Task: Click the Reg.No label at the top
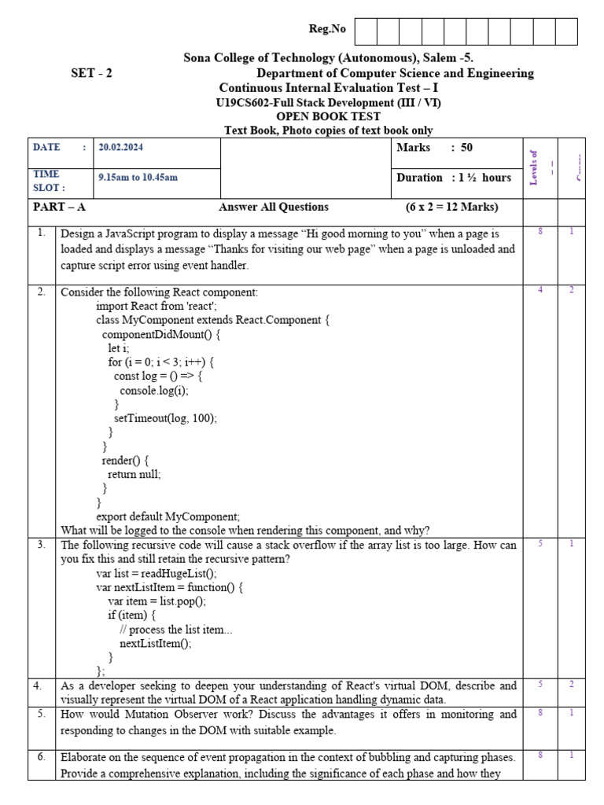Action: pyautogui.click(x=327, y=29)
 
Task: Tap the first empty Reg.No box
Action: pyautogui.click(x=366, y=31)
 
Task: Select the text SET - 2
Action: pyautogui.click(x=91, y=73)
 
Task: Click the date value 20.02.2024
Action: pyautogui.click(x=120, y=147)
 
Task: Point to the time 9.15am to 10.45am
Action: pyautogui.click(x=138, y=177)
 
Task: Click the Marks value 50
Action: pyautogui.click(x=466, y=147)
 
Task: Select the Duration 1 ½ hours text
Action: pyautogui.click(x=454, y=177)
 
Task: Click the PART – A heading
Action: pyautogui.click(x=59, y=207)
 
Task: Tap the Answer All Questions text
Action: pyautogui.click(x=274, y=207)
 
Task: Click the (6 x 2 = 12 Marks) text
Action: pyautogui.click(x=451, y=207)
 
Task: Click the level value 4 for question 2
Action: pyautogui.click(x=540, y=290)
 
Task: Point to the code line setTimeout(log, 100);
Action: pyautogui.click(x=165, y=418)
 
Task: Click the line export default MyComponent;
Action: pyautogui.click(x=168, y=516)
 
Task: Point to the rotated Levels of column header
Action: pyautogui.click(x=534, y=167)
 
